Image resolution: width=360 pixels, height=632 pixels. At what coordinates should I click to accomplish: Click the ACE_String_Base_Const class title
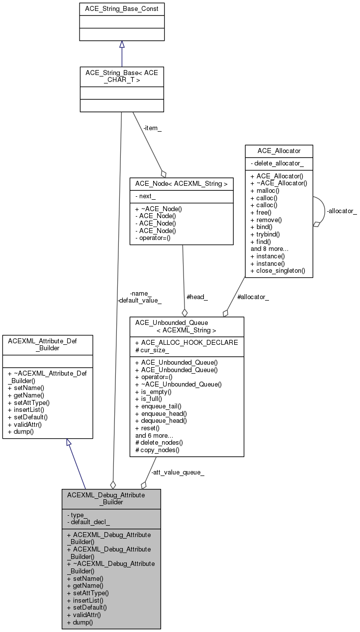122,8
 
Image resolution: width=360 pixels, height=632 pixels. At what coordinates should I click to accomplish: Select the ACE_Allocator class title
279,151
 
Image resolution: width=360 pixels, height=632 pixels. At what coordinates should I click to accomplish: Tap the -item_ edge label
153,128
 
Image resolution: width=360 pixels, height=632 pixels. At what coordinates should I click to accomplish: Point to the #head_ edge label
197,297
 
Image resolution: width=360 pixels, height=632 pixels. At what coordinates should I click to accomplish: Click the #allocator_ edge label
253,297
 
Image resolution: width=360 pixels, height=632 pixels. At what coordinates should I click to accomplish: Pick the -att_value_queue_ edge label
178,472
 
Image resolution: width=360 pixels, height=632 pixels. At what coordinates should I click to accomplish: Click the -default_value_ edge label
139,300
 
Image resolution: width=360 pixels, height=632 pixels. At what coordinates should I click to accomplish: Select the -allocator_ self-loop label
342,211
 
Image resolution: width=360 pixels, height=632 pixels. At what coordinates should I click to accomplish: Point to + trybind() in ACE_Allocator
266,234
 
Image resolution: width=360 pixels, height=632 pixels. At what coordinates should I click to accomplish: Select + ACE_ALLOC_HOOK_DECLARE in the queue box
186,342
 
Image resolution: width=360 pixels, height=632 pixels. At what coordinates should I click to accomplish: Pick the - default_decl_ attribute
89,522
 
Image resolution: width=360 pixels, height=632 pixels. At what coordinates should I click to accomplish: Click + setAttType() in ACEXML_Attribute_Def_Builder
29,402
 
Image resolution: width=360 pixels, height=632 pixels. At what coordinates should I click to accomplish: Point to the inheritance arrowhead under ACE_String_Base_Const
122,45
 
